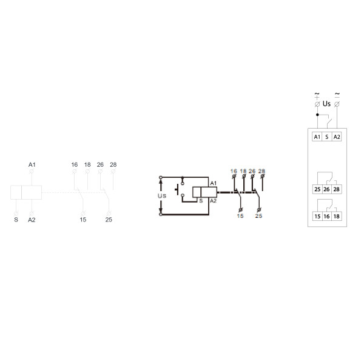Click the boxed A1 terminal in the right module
point(317,136)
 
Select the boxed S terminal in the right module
point(327,136)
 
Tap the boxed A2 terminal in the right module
point(337,136)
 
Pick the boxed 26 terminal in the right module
point(326,189)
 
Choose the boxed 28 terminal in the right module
point(336,189)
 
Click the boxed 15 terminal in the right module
point(317,217)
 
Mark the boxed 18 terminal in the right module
point(336,217)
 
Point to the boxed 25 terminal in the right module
point(317,189)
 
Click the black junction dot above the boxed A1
point(317,115)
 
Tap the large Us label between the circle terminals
point(326,104)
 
